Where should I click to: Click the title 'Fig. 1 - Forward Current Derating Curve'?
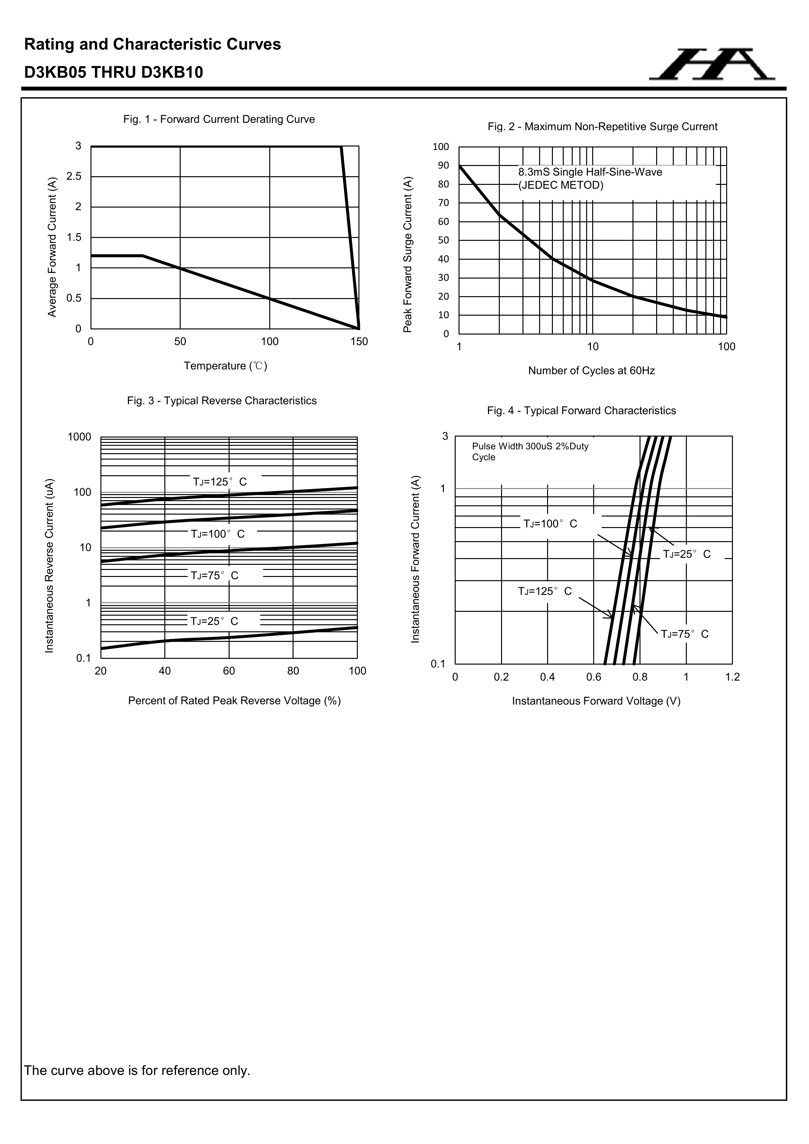pos(219,120)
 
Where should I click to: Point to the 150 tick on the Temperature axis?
pos(359,342)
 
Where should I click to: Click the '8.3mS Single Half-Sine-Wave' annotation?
pos(590,172)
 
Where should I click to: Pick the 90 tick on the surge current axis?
pos(444,165)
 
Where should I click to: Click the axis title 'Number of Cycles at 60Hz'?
pos(591,371)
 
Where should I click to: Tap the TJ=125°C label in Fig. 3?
pos(220,482)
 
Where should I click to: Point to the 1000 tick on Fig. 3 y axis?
pos(80,437)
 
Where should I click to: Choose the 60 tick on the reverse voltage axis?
pos(229,671)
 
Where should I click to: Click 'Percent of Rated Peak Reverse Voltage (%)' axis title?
pos(234,701)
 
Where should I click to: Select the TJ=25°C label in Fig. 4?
pos(687,555)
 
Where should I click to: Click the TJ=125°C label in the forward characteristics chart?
pos(545,591)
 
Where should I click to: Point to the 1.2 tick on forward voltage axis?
pos(732,677)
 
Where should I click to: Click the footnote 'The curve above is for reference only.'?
pos(137,1070)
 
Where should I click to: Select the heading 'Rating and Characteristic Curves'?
pos(153,45)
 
